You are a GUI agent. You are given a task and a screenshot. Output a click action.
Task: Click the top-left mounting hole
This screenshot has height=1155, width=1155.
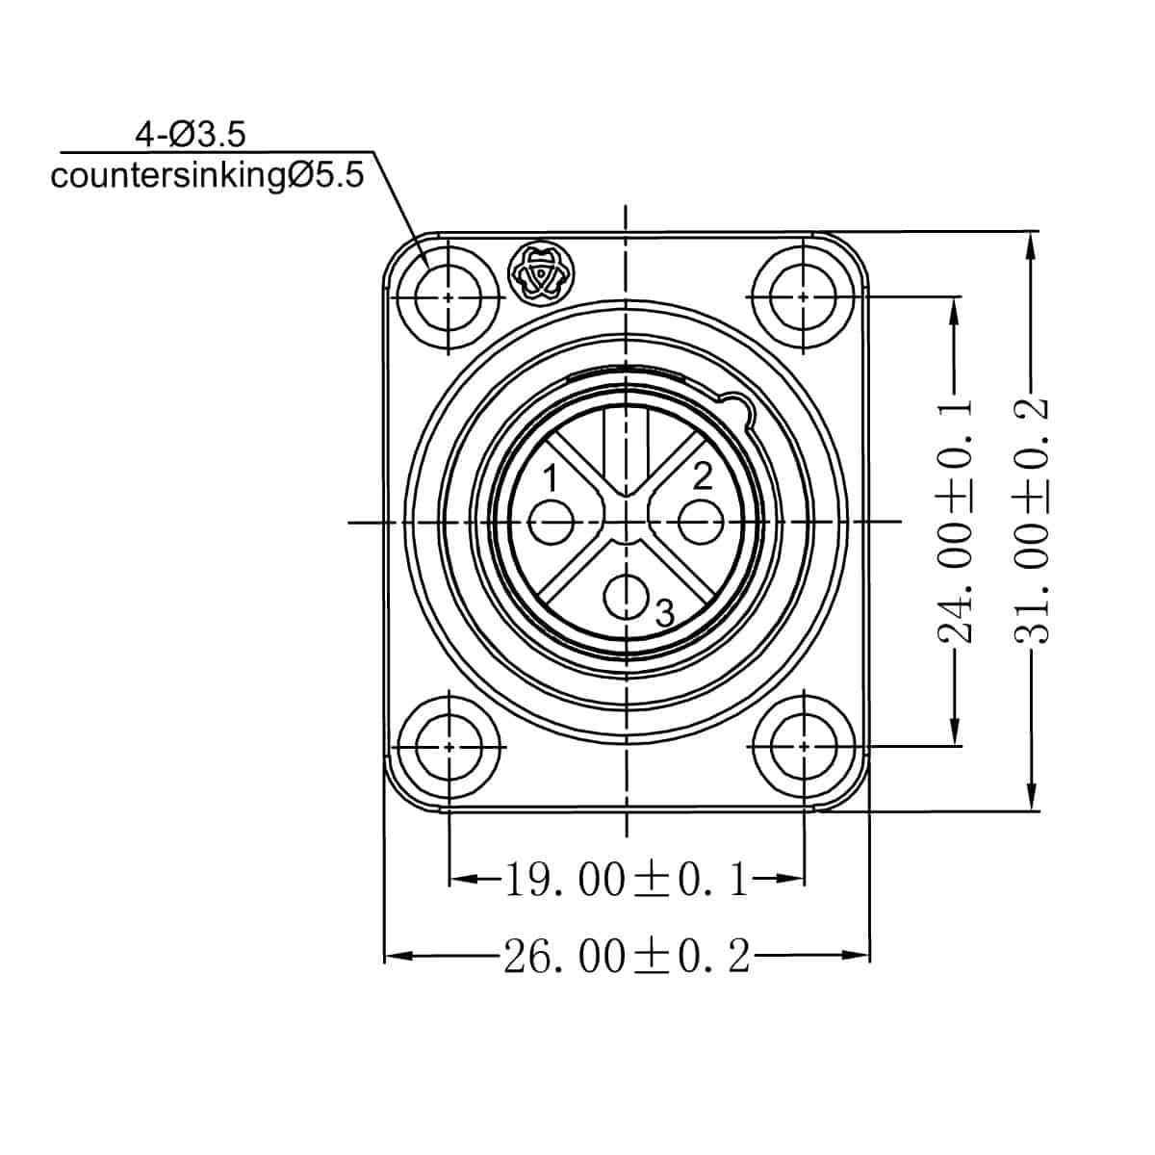(449, 297)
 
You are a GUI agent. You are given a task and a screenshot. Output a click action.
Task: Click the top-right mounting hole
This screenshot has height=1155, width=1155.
(804, 297)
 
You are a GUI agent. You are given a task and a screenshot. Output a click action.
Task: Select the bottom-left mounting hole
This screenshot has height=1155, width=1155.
(449, 746)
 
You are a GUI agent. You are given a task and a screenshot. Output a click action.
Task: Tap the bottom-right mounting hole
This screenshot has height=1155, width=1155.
(804, 746)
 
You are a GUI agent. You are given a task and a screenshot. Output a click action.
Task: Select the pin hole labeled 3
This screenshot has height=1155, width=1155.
(628, 597)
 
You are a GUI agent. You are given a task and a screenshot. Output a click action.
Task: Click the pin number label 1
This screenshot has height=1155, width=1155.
(551, 477)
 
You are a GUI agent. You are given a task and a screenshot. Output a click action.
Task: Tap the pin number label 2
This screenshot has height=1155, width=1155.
(703, 475)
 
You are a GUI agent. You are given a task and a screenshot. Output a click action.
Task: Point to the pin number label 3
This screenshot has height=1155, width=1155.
(664, 612)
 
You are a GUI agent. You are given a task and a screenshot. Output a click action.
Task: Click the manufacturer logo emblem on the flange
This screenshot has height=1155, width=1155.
(540, 275)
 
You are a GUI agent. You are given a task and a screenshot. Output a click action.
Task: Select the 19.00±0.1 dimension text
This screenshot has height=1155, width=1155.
(627, 880)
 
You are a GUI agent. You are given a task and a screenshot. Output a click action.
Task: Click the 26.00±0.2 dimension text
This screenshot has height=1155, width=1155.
(627, 957)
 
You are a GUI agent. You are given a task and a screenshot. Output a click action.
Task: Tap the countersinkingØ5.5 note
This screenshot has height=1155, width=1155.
(207, 176)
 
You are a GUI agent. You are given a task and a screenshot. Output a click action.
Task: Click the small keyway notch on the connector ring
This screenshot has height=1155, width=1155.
(736, 406)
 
